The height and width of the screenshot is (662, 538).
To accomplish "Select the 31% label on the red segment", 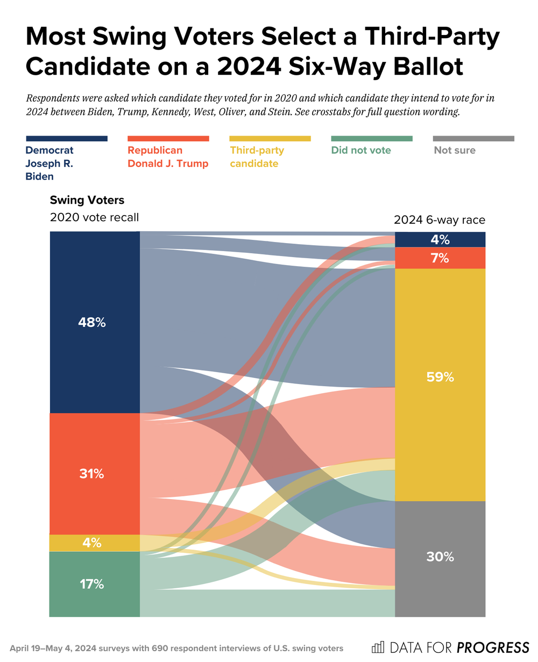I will click(92, 474).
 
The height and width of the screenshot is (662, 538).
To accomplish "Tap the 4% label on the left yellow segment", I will click(92, 543).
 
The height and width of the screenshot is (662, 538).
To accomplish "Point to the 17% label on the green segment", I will click(92, 583).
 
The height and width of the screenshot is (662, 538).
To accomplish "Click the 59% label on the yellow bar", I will click(440, 377).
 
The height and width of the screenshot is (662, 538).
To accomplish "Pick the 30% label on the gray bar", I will click(440, 557).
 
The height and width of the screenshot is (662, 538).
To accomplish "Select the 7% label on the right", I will click(440, 258).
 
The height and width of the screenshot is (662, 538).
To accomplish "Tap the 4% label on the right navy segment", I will click(440, 240).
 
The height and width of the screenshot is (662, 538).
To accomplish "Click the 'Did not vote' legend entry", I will click(361, 150).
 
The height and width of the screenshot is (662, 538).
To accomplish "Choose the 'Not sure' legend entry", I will click(455, 150).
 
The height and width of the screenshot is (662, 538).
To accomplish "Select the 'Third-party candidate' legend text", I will click(257, 156).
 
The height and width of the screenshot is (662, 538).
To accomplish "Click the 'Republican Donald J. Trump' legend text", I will click(167, 156).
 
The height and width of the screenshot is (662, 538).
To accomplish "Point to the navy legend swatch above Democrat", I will click(66, 139).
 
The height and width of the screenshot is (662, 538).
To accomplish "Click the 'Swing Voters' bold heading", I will click(87, 200).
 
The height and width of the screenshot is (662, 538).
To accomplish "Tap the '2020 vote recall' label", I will click(94, 217).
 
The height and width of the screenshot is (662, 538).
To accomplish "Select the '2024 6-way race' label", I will click(440, 220).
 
